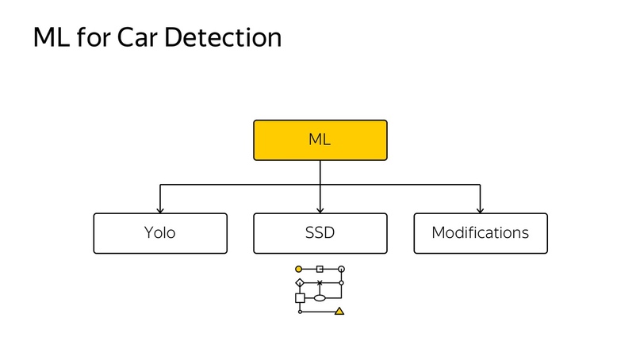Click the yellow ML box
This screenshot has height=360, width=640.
tap(320, 140)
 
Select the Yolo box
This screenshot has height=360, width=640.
tap(160, 233)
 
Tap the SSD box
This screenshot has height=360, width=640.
tap(320, 233)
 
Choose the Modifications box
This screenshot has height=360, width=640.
tap(481, 233)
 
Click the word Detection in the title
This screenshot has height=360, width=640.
tap(223, 37)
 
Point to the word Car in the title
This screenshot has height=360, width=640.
tap(136, 37)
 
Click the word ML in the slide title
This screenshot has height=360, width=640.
tap(52, 37)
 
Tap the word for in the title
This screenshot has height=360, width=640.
tap(94, 37)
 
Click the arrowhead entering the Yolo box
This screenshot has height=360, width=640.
tap(160, 210)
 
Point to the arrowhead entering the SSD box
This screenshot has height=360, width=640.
tap(320, 210)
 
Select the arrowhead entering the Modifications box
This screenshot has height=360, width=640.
tap(480, 210)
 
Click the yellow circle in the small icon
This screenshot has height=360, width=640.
tap(298, 269)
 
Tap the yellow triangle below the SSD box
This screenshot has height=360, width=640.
tap(339, 312)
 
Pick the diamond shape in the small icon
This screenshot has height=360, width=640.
tap(300, 282)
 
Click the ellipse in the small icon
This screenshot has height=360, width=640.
tap(320, 298)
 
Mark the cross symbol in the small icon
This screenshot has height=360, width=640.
tap(320, 282)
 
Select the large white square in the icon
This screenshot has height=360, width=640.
tap(300, 298)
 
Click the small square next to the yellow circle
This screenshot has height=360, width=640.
tap(320, 269)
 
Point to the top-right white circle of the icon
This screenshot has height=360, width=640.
tap(341, 269)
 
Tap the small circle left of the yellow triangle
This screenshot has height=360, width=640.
tap(300, 312)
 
